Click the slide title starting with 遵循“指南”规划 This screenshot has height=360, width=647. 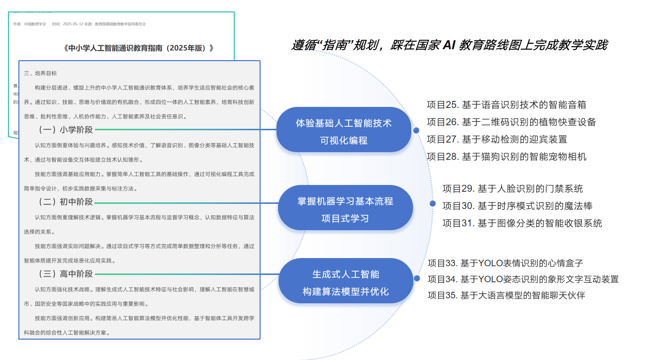pyautogui.click(x=449, y=45)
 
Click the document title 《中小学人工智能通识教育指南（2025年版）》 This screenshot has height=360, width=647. pyautogui.click(x=139, y=48)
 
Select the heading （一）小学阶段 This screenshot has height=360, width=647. pyautogui.click(x=66, y=130)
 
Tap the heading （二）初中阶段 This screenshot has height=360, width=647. pyautogui.click(x=66, y=202)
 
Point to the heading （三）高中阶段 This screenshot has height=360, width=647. pyautogui.click(x=66, y=274)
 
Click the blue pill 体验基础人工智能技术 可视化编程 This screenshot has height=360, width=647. pyautogui.click(x=344, y=131)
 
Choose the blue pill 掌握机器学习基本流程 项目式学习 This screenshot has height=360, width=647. pyautogui.click(x=345, y=209)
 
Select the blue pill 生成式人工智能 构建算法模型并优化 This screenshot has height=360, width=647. pyautogui.click(x=346, y=282)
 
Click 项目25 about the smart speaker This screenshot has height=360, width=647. pyautogui.click(x=506, y=105)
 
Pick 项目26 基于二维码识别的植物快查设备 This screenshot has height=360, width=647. pyautogui.click(x=511, y=122)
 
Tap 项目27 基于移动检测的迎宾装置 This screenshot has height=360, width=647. pyautogui.click(x=497, y=139)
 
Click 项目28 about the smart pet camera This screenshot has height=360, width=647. pyautogui.click(x=506, y=157)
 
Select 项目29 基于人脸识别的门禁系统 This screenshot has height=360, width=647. pyautogui.click(x=513, y=189)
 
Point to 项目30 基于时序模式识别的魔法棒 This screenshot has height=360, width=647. pyautogui.click(x=517, y=206)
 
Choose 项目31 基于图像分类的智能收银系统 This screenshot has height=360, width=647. pyautogui.click(x=522, y=223)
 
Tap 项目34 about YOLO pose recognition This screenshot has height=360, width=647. pyautogui.click(x=523, y=279)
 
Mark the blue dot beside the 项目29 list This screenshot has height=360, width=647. pyautogui.click(x=432, y=203)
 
